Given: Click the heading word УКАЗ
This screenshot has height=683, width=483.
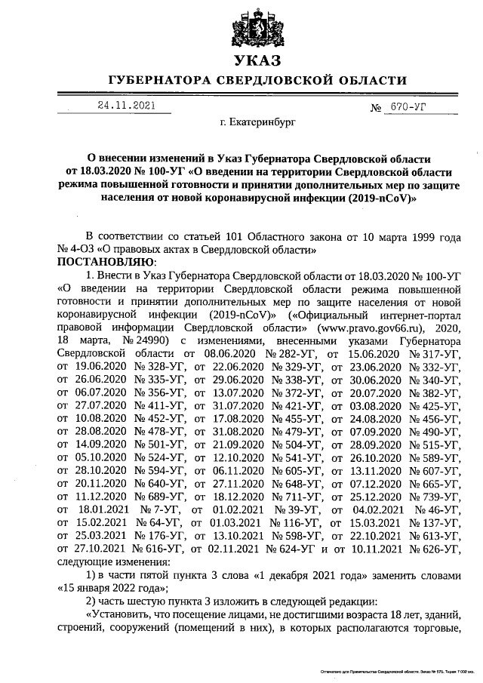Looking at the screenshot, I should point(257,61).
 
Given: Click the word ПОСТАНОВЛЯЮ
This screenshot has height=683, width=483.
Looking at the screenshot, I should point(105,262).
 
